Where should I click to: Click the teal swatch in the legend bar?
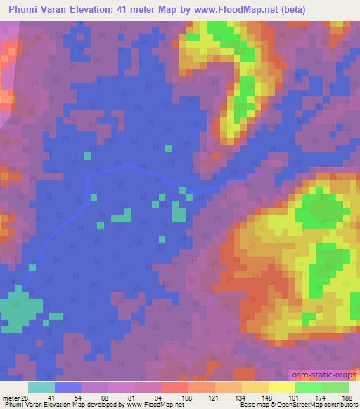tap(41, 387)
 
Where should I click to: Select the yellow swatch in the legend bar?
tap(281, 387)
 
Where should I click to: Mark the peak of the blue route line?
tap(131, 165)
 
